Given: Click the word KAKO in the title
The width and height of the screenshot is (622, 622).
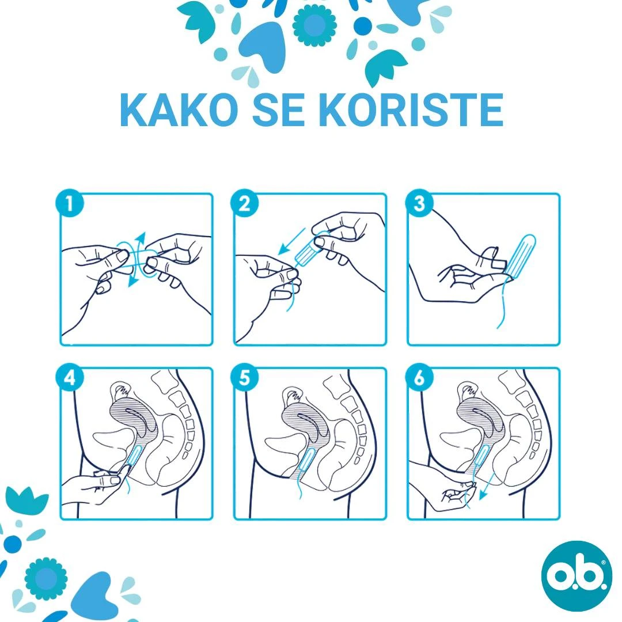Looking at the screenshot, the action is click(x=179, y=110).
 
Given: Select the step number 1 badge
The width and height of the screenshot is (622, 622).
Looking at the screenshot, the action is click(x=70, y=203).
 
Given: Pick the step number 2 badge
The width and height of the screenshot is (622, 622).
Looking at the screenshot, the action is click(x=244, y=203).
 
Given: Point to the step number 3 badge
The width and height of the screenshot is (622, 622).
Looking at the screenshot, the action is click(x=419, y=203).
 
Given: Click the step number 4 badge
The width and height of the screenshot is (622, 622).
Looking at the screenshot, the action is click(x=70, y=377).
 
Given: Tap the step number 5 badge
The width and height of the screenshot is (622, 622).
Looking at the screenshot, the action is click(x=244, y=377).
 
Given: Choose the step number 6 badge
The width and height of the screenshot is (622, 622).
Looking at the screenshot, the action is click(x=419, y=377).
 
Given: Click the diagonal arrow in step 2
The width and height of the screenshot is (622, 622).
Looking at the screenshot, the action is click(x=291, y=241).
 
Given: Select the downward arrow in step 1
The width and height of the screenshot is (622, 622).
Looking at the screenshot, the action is click(x=132, y=276).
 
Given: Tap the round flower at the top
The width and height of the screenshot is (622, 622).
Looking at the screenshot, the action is click(x=314, y=25).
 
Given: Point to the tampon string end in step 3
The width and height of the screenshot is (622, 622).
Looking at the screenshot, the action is click(x=498, y=328).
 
